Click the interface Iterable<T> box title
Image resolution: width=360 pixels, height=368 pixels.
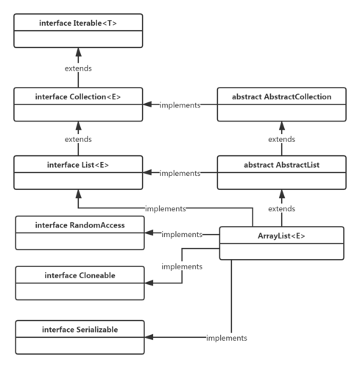click(77, 24)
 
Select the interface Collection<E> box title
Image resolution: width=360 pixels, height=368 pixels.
click(77, 96)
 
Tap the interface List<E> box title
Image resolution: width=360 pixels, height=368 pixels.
click(77, 165)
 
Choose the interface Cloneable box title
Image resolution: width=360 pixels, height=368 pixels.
click(80, 275)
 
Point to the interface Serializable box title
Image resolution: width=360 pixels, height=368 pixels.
click(80, 329)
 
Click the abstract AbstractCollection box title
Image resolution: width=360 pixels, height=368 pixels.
click(281, 96)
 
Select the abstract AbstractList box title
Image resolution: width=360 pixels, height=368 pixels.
click(281, 165)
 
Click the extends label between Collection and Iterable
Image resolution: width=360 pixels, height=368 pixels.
click(77, 68)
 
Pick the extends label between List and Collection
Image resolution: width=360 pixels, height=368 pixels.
click(77, 138)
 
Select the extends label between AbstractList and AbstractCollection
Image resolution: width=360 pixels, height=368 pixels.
click(281, 138)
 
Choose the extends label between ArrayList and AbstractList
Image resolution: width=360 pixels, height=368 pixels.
click(281, 209)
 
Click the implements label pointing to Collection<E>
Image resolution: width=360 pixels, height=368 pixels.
click(180, 105)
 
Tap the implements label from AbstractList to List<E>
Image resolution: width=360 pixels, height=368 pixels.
click(180, 173)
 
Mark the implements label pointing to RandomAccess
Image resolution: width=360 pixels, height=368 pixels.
click(182, 234)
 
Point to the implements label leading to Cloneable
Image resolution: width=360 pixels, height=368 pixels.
click(181, 266)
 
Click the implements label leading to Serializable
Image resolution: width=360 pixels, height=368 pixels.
click(225, 337)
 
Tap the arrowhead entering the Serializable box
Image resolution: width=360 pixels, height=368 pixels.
click(148, 337)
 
